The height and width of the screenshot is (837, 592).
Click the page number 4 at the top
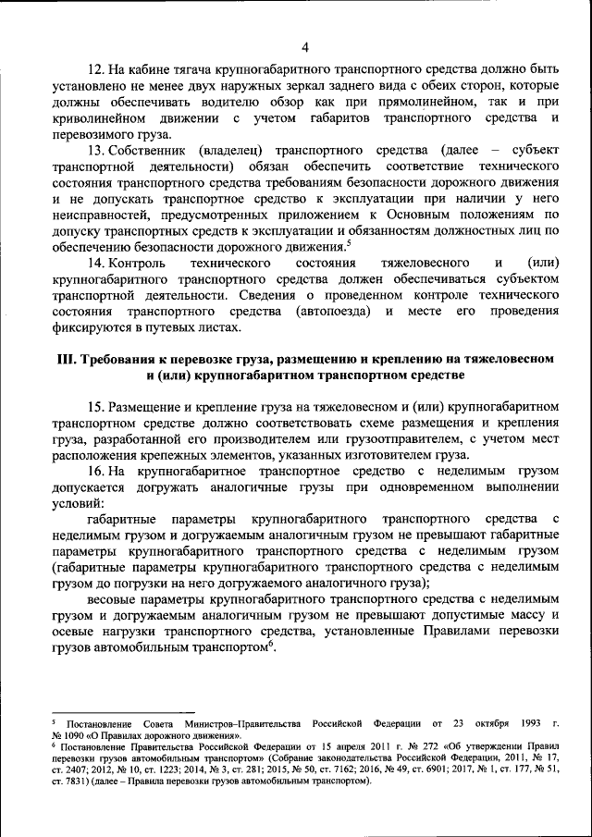tap(304, 47)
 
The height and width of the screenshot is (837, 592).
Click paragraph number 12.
tap(95, 70)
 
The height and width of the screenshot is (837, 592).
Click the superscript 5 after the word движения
tap(348, 243)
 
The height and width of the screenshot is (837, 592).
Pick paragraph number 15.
tap(95, 407)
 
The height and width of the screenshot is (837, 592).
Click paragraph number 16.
tap(95, 472)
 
